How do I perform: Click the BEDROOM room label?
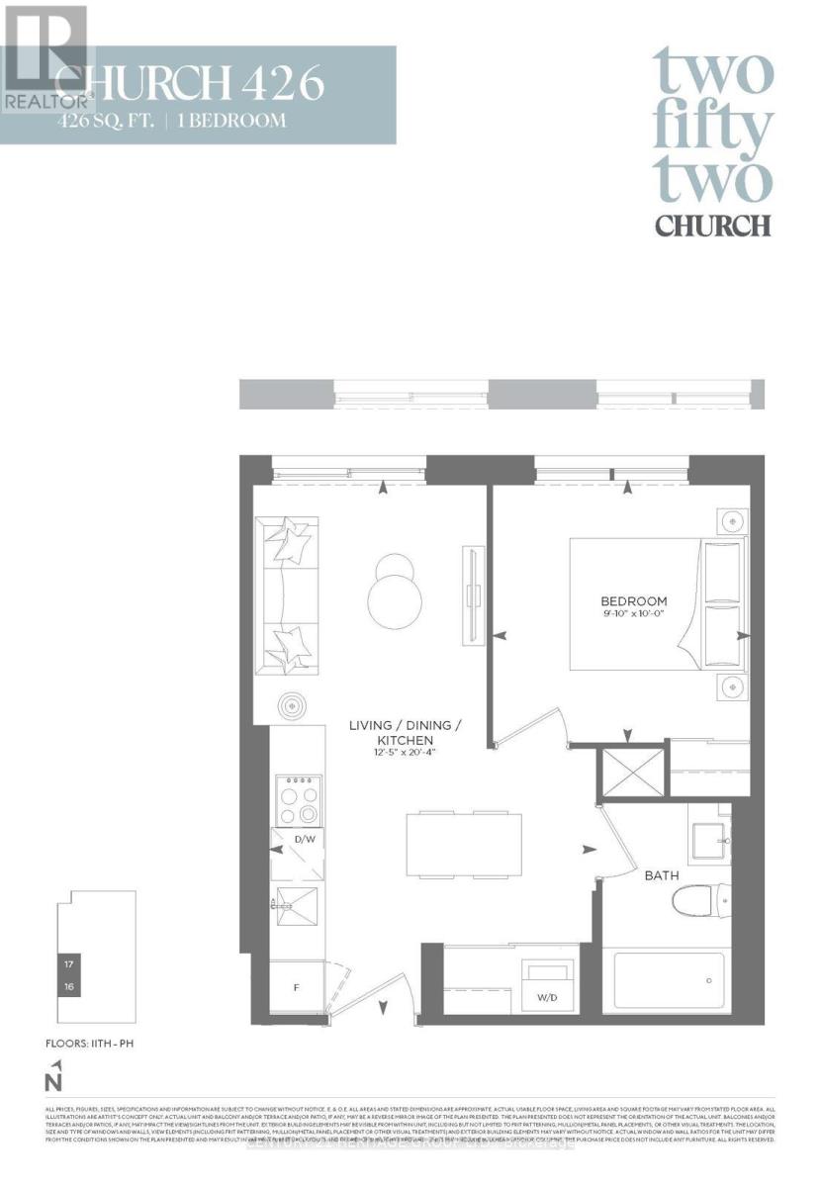click(634, 600)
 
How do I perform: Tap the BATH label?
click(662, 875)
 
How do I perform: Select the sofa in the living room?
click(288, 593)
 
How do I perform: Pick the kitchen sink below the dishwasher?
click(298, 903)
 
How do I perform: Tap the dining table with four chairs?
click(464, 844)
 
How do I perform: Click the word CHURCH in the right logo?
click(712, 225)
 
